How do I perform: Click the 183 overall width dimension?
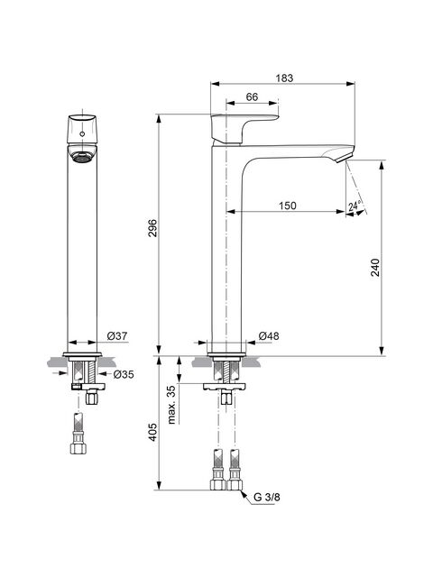tap(285, 78)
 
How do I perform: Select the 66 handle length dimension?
tap(252, 96)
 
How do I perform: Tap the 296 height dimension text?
tap(152, 228)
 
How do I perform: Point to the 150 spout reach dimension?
tap(287, 206)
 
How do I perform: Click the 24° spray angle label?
tap(355, 206)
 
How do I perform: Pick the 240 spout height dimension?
tap(375, 268)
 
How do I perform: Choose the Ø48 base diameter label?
tap(269, 335)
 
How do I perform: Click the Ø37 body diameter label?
tap(117, 335)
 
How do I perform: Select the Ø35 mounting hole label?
tap(124, 374)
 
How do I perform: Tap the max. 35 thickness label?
tap(171, 406)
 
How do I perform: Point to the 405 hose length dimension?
tap(152, 432)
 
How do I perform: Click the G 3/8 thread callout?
tap(267, 497)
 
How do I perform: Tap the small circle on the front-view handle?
tap(82, 133)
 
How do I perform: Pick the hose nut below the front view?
tap(78, 447)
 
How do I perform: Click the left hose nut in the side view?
tap(217, 484)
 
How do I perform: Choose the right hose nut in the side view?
tap(235, 484)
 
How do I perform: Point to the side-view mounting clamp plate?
tap(225, 387)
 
